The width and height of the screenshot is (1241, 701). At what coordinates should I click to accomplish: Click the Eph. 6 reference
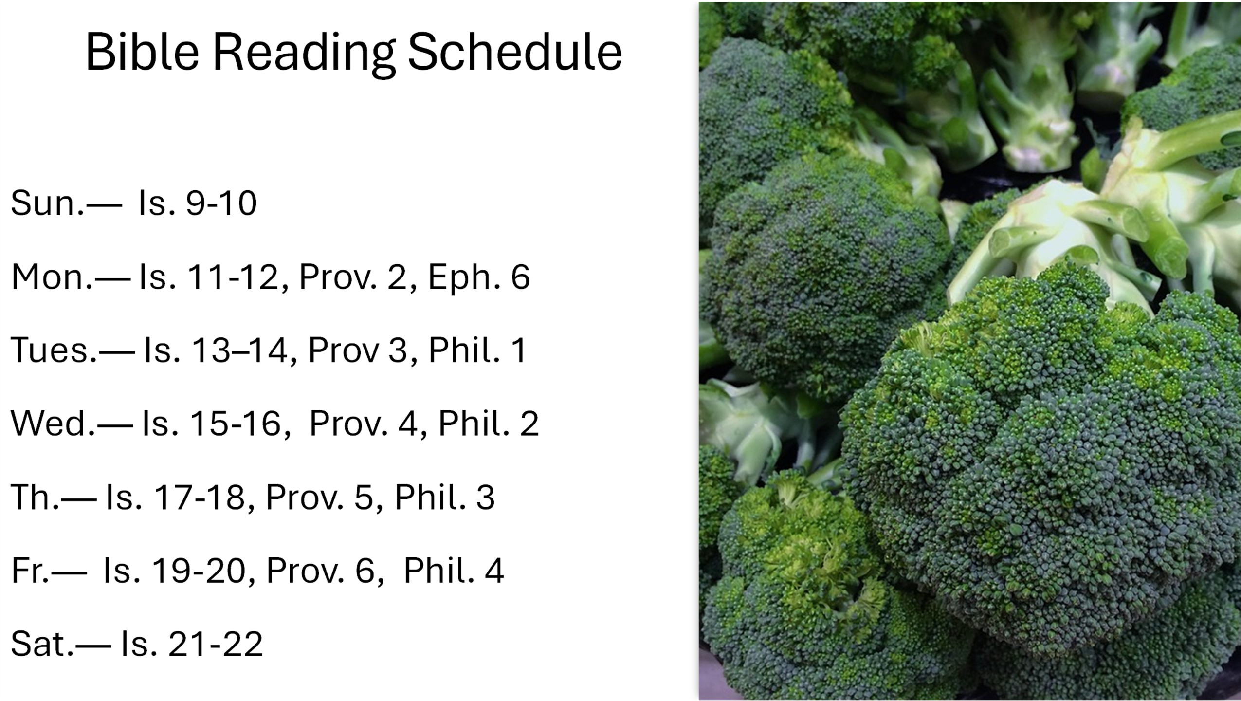click(x=479, y=277)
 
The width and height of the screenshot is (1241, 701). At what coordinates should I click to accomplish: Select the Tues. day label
click(x=54, y=350)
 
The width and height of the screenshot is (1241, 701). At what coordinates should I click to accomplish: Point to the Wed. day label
click(x=53, y=423)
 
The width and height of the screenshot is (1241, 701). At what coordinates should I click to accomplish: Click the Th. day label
click(x=35, y=497)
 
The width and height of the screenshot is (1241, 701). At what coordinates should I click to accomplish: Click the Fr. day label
click(x=30, y=571)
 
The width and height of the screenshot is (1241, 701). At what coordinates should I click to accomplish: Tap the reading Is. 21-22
click(x=192, y=644)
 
